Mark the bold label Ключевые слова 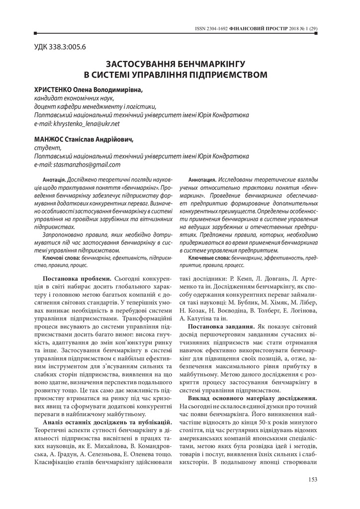tap(209, 258)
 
